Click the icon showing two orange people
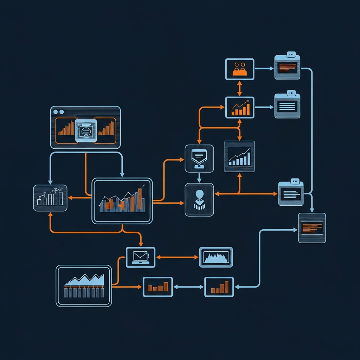[239, 69]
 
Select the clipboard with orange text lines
[287, 67]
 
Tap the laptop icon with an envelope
[141, 257]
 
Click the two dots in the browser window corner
[58, 112]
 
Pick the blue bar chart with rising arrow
[239, 156]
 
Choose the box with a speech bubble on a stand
[199, 158]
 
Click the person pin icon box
[199, 199]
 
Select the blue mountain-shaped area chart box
[216, 257]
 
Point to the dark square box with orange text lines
[312, 228]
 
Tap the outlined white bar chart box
[50, 198]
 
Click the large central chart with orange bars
[122, 201]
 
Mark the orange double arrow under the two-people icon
[239, 88]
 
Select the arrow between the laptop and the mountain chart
[177, 257]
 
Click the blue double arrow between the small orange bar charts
[188, 287]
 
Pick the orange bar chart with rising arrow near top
[239, 107]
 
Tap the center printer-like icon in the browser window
[85, 131]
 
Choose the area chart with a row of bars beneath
[84, 286]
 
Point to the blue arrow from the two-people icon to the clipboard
[264, 69]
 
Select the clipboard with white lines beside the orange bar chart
[287, 106]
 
